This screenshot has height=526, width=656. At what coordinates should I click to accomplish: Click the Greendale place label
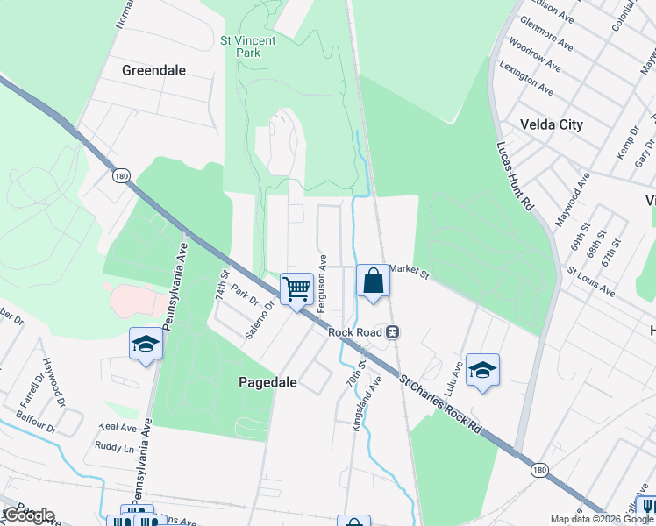[154, 70]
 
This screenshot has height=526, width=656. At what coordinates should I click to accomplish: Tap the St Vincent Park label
[248, 46]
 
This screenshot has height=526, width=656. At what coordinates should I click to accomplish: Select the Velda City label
[551, 124]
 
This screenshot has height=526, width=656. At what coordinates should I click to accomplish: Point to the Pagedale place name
[267, 382]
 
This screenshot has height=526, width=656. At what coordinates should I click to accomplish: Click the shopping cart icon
[296, 288]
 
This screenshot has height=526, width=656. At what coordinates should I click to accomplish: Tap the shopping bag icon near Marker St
[374, 282]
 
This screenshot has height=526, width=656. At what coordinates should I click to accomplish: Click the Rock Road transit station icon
[394, 332]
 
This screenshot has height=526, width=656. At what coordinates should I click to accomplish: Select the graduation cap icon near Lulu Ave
[482, 370]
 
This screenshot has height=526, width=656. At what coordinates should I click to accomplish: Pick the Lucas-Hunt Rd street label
[515, 175]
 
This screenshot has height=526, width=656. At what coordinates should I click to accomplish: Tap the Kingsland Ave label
[367, 402]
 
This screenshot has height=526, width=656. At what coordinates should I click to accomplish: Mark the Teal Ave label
[118, 428]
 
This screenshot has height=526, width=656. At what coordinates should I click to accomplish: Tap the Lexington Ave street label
[526, 78]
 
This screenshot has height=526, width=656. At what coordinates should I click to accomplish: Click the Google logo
[29, 515]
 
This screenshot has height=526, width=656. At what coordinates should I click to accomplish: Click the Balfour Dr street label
[38, 430]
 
